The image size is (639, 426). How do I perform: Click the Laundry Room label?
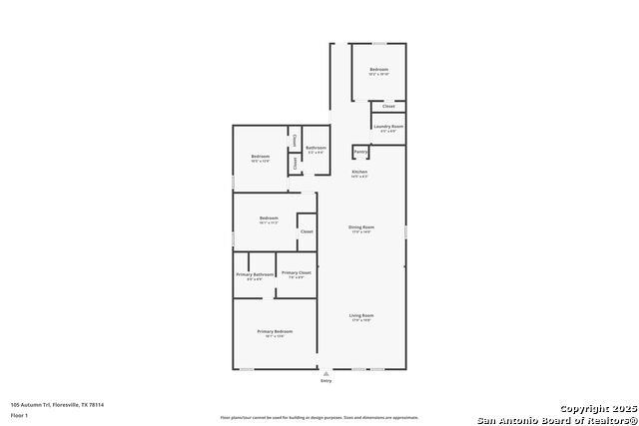click(x=388, y=127)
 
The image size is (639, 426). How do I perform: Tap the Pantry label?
click(x=360, y=152)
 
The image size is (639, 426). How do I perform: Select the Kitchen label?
click(x=359, y=172)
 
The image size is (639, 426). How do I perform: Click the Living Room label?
click(x=360, y=316)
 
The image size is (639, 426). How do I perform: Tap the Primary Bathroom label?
click(x=255, y=274)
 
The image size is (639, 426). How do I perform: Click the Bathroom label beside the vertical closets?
click(x=316, y=149)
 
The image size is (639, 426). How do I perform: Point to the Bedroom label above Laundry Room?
click(x=378, y=70)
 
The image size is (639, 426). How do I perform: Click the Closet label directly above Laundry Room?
click(x=388, y=106)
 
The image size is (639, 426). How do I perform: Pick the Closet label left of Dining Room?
click(x=307, y=231)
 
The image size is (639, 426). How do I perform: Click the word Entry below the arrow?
click(x=325, y=381)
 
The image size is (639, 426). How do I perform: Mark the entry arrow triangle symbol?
click(x=325, y=373)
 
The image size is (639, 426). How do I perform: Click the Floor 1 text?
click(x=20, y=414)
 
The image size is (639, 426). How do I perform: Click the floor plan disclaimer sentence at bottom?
click(x=319, y=417)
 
